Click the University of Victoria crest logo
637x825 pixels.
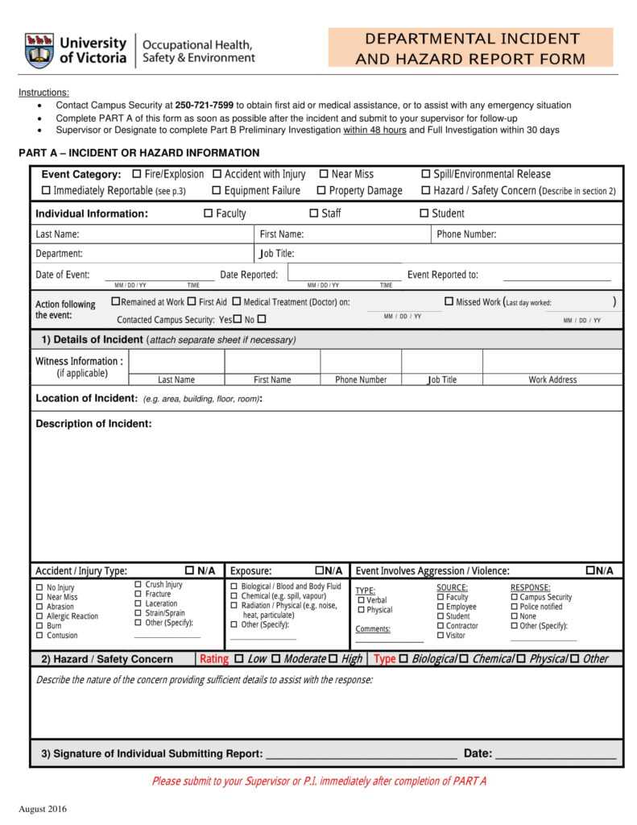click(x=39, y=50)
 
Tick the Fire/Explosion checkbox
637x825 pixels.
click(x=137, y=174)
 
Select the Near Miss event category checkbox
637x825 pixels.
click(x=324, y=174)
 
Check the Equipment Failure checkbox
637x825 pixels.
click(x=217, y=191)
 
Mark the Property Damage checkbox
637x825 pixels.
click(x=321, y=191)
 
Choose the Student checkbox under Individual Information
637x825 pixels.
click(x=424, y=214)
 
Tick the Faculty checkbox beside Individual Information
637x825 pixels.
click(x=208, y=214)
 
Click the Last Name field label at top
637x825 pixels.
click(x=57, y=234)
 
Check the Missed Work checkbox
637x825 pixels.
click(x=449, y=301)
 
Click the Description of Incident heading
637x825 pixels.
click(x=93, y=424)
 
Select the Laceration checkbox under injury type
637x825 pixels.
click(x=139, y=603)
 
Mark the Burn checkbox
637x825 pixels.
click(x=39, y=626)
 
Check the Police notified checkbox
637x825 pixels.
click(x=515, y=607)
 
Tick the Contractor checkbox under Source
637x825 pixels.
click(x=441, y=626)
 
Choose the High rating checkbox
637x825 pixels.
click(x=333, y=659)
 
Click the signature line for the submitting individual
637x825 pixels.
click(x=361, y=754)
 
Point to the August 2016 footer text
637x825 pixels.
click(x=43, y=809)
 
